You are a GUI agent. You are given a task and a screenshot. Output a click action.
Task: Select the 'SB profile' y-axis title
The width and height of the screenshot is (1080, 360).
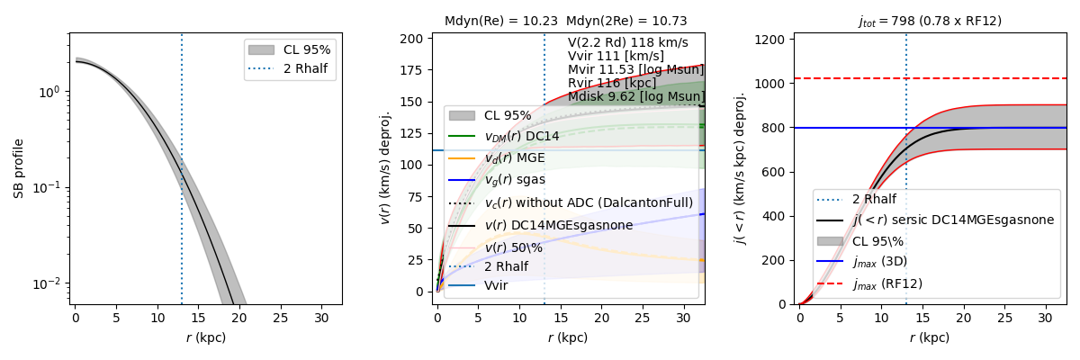[19, 168]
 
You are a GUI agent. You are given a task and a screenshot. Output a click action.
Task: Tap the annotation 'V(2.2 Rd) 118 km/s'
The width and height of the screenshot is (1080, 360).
[627, 42]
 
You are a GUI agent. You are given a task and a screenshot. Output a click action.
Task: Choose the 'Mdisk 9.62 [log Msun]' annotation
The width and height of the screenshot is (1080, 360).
[635, 97]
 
